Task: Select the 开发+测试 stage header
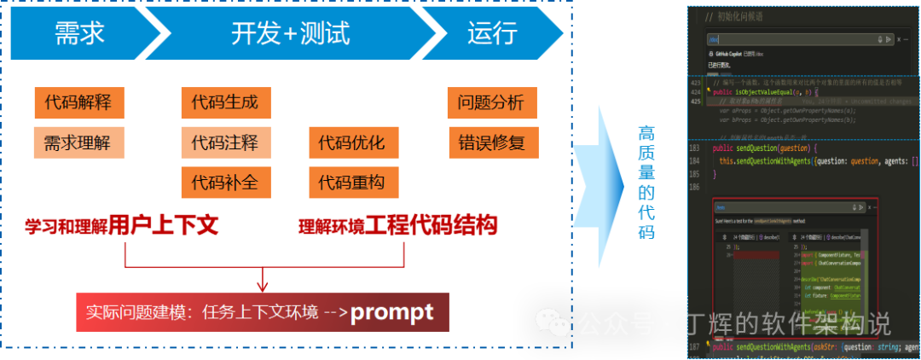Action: (291, 33)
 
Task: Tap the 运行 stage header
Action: (492, 33)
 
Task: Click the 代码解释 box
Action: (78, 103)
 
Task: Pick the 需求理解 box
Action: (78, 142)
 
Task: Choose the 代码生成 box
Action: (225, 103)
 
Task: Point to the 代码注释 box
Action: (225, 142)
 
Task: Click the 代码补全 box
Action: (225, 182)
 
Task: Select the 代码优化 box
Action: (351, 142)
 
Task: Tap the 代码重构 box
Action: (351, 182)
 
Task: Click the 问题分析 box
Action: (491, 103)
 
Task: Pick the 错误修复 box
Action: (491, 142)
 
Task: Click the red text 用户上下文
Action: (164, 225)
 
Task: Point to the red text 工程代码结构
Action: (432, 225)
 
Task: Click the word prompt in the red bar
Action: (392, 312)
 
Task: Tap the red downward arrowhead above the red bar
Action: (264, 284)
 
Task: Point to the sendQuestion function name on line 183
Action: (767, 148)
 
